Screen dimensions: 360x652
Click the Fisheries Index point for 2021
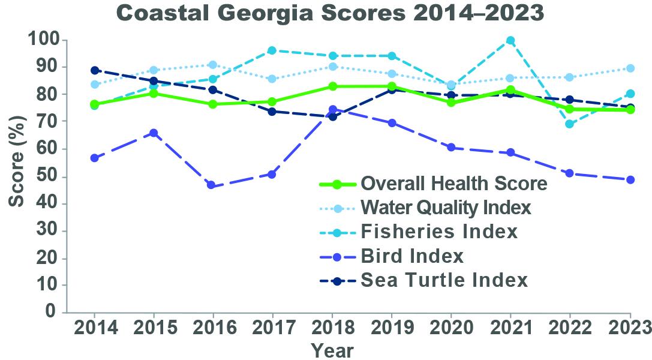point(510,41)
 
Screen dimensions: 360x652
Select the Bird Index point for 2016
point(211,185)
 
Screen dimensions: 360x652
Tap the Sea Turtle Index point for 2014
point(95,70)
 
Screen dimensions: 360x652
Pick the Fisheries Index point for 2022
point(570,124)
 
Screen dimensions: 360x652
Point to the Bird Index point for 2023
point(630,180)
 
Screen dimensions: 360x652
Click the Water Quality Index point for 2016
point(211,65)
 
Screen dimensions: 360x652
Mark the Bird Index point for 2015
point(153,133)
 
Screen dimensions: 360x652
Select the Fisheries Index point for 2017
point(272,50)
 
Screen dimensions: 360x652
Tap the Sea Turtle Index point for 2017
point(272,112)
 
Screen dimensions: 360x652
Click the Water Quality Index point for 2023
point(630,68)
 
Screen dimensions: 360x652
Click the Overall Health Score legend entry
point(453,184)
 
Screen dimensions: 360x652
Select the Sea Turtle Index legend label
point(444,280)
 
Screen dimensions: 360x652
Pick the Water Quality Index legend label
point(446,208)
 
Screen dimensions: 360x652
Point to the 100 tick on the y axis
point(44,40)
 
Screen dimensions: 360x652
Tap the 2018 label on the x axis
point(332,328)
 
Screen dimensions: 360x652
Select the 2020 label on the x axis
point(451,328)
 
